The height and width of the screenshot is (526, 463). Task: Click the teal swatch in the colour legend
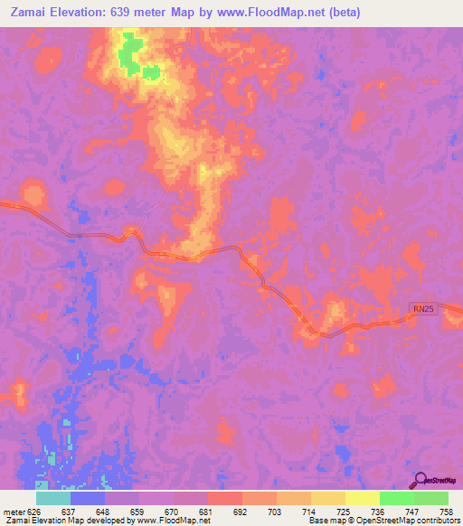tap(53, 498)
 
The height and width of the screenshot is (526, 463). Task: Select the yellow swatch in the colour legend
tap(363, 498)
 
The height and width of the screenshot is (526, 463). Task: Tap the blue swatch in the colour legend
tap(88, 498)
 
